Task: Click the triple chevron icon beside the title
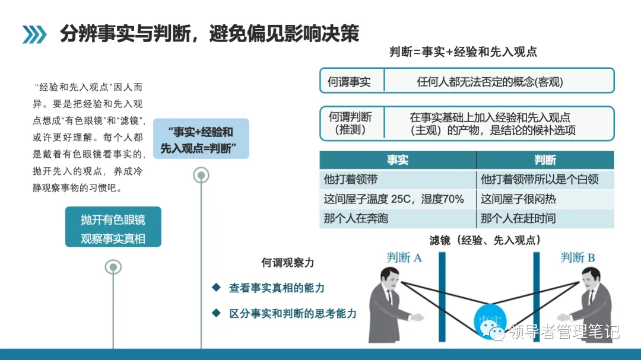click(x=34, y=34)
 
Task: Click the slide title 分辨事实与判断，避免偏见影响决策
click(x=210, y=34)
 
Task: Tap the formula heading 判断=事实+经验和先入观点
click(x=463, y=52)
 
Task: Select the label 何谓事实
click(x=349, y=82)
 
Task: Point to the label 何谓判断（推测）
click(x=350, y=123)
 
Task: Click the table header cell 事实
click(x=398, y=160)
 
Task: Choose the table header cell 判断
click(x=545, y=160)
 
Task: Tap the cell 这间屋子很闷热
click(x=518, y=199)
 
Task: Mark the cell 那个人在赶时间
click(x=518, y=218)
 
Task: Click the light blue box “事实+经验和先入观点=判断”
click(x=201, y=139)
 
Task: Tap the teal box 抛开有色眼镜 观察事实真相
click(x=113, y=229)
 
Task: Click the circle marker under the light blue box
click(x=201, y=175)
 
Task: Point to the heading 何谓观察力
click(x=288, y=262)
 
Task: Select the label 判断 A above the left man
click(x=404, y=257)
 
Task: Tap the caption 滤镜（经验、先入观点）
click(x=485, y=240)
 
